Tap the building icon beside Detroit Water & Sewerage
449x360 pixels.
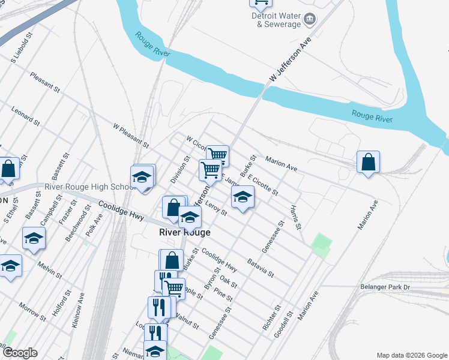[x=310, y=20]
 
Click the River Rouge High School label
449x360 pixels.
[x=89, y=187]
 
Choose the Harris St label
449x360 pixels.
[x=294, y=218]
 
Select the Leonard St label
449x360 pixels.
[x=25, y=116]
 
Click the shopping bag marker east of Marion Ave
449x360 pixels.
[x=368, y=162]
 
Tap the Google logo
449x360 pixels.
[x=20, y=352]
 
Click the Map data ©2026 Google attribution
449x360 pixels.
[x=411, y=355]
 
